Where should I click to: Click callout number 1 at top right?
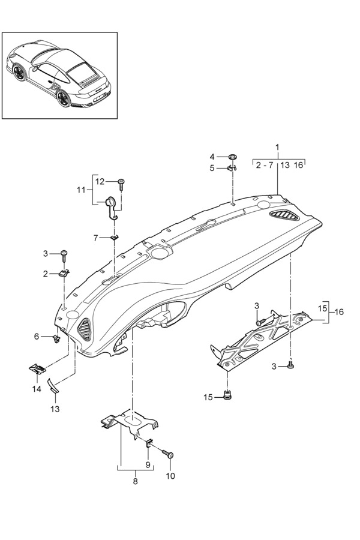tap(277, 147)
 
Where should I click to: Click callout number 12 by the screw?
tap(100, 181)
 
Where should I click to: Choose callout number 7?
tap(95, 238)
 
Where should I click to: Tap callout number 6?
tap(37, 337)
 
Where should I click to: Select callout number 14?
tap(37, 389)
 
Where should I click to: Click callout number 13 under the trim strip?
tap(55, 409)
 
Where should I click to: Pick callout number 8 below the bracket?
tap(135, 481)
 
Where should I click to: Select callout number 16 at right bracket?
tap(340, 312)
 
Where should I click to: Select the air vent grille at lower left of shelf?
tap(85, 329)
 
